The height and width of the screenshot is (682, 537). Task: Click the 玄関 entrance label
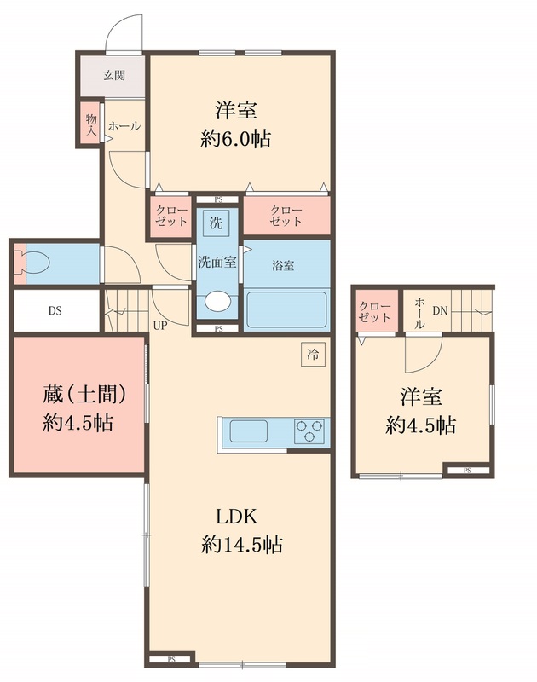click(x=114, y=75)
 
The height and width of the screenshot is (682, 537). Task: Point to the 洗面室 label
click(x=217, y=263)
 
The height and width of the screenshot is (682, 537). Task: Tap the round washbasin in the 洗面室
click(x=217, y=303)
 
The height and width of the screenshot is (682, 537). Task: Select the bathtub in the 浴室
click(x=286, y=311)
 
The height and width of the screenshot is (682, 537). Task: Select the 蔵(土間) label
click(x=85, y=395)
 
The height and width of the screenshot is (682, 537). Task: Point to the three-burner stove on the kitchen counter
click(x=310, y=431)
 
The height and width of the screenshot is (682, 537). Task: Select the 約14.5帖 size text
click(x=242, y=544)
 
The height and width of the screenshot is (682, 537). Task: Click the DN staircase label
click(x=439, y=311)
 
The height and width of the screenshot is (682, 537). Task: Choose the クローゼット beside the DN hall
click(x=375, y=311)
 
